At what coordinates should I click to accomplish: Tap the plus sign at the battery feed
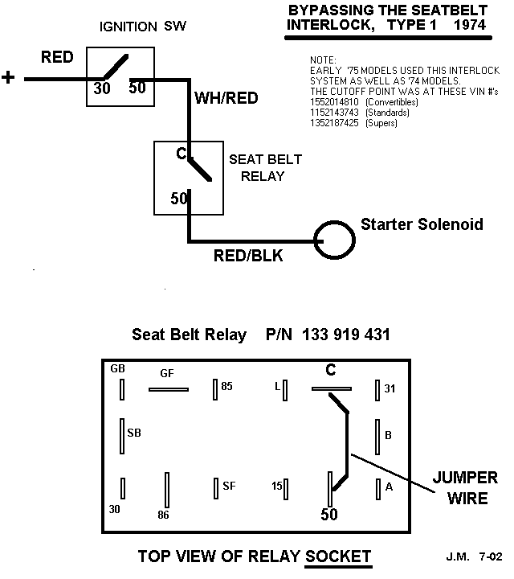(9, 77)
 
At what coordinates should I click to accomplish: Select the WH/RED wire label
(227, 98)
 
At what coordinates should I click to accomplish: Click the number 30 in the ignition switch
(102, 88)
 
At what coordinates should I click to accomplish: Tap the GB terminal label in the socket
(118, 368)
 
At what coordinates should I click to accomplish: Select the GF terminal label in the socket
(167, 372)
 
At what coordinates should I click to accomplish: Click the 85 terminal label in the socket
(226, 387)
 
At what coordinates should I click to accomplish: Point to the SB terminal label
(134, 433)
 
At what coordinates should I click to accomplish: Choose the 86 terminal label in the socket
(164, 515)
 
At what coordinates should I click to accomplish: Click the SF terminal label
(229, 485)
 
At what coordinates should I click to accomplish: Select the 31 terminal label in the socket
(390, 388)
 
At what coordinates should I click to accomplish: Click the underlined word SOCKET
(338, 556)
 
